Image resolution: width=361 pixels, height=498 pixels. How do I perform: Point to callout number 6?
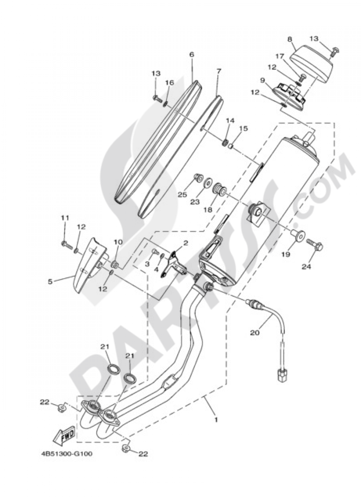pyautogui.click(x=191, y=54)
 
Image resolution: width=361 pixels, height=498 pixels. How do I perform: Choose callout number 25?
pyautogui.click(x=182, y=195)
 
